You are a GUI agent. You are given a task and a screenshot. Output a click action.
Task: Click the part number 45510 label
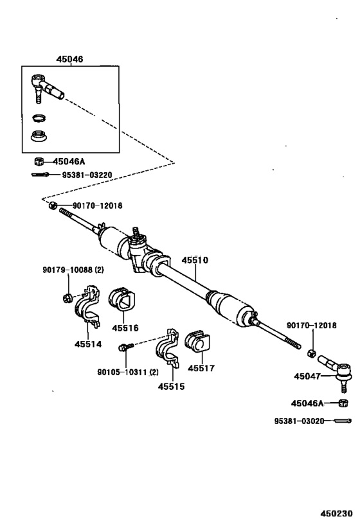pos(194,261)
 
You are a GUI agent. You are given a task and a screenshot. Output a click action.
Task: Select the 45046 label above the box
pos(69,60)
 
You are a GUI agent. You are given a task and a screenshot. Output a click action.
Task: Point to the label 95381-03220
pos(86,173)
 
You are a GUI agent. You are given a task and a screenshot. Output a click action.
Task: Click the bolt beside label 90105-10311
pos(125,347)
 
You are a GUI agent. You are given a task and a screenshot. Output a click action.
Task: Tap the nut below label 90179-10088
pos(66,297)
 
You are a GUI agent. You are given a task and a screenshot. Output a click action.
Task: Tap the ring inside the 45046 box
pos(40,118)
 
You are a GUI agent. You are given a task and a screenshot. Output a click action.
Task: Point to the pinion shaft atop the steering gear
pos(136,232)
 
